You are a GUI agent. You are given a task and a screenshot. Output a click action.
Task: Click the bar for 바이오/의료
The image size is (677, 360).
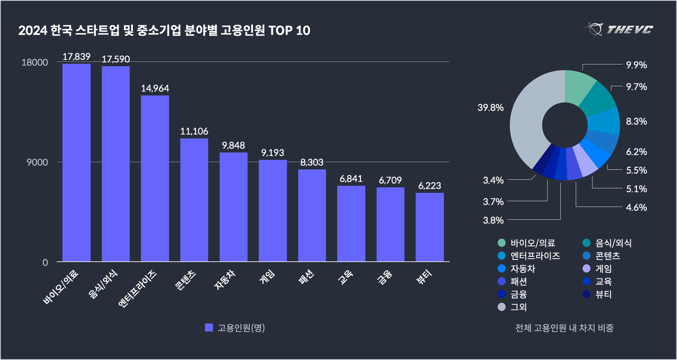(76, 162)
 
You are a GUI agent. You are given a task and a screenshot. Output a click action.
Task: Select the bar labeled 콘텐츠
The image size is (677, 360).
(194, 200)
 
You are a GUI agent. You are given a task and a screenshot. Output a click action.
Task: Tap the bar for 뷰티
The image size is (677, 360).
(430, 227)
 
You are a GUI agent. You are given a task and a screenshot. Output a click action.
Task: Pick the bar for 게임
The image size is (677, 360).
(273, 210)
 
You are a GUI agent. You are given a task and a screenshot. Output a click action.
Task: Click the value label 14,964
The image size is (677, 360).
(155, 88)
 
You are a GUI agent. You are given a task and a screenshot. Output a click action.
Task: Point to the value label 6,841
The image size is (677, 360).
(351, 179)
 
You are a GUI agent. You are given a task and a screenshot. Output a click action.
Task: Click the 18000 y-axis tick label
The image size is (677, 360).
(35, 62)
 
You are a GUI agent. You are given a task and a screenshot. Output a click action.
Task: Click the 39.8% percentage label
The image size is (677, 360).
(491, 108)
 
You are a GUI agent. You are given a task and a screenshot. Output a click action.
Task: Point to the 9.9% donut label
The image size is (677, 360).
(636, 65)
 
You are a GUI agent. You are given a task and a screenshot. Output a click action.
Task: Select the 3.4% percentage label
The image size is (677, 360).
(493, 180)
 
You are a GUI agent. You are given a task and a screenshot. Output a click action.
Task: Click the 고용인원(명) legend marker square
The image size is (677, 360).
(208, 328)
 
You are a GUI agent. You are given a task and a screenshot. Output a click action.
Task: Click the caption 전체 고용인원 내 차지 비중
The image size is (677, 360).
(564, 328)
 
